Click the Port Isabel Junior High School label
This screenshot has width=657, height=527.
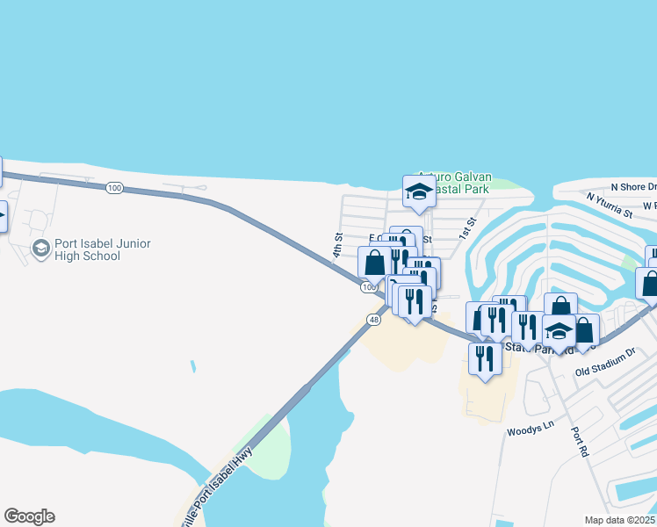102,249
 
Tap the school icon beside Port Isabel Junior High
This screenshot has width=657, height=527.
40,249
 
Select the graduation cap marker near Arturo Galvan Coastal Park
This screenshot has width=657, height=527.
419,192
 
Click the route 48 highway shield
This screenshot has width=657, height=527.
374,321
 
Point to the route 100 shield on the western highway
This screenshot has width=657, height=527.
113,188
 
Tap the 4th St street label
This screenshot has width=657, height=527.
337,245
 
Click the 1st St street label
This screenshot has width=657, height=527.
466,227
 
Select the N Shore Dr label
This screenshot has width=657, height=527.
633,187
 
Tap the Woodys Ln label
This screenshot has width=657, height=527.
531,431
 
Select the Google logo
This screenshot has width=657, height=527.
29,516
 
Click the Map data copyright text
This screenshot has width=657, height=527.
620,520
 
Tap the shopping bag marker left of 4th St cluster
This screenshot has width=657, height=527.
375,262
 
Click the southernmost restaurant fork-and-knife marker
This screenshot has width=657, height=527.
484,358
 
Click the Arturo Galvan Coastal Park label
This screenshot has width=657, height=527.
456,182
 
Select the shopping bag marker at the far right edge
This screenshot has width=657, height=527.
649,283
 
